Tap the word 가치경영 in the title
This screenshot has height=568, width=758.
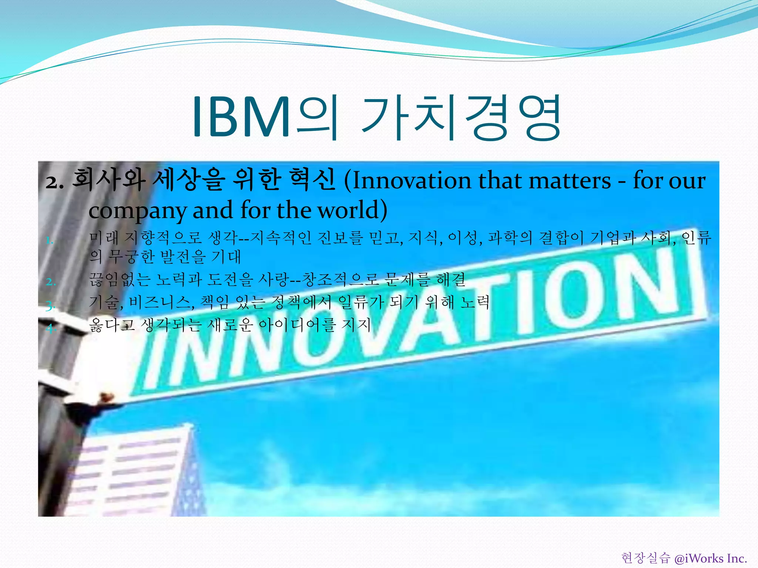coord(461,117)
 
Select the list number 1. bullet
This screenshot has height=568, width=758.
coord(50,241)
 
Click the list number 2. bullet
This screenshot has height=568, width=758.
coord(51,282)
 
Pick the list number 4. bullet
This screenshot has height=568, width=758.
coord(51,328)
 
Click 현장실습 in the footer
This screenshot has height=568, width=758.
coord(645,558)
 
